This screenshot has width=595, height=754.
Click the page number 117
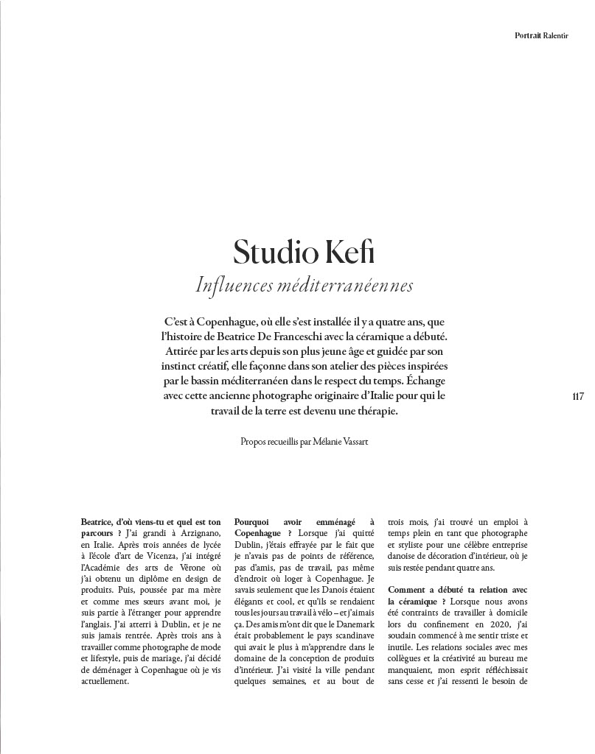[x=577, y=396]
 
